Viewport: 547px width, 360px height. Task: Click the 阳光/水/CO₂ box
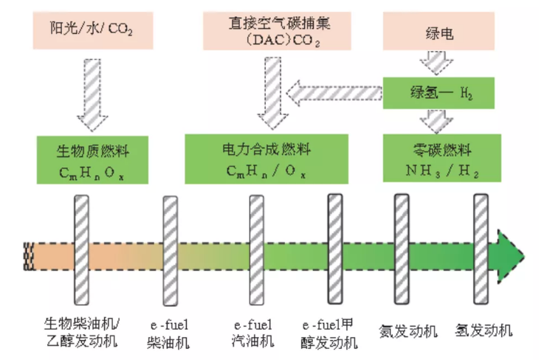point(93,30)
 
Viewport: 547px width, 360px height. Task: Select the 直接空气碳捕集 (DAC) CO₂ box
point(277,31)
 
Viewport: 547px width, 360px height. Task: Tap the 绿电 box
point(438,31)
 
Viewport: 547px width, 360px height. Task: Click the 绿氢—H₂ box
point(438,93)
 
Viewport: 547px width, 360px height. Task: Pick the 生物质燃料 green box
point(92,160)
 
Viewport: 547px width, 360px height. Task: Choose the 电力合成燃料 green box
point(266,159)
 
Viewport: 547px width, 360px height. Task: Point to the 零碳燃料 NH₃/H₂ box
point(442,158)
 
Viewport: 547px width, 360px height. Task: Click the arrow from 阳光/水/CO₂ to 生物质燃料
point(92,94)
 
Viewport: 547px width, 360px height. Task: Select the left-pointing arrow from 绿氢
point(334,93)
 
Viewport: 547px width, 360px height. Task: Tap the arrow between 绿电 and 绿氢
point(436,63)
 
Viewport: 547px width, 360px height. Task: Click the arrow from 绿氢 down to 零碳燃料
point(436,122)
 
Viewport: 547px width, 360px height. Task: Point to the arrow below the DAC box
point(273,94)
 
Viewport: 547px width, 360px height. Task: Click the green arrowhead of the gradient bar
point(510,256)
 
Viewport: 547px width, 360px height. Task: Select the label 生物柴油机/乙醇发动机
point(82,332)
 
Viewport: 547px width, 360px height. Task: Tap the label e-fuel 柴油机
point(169,334)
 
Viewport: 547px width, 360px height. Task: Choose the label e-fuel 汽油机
point(253,333)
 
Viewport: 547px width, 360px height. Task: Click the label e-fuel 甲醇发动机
point(329,334)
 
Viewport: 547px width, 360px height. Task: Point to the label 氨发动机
point(408,331)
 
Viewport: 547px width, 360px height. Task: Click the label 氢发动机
point(484,330)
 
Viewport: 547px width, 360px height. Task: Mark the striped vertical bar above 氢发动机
point(481,249)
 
